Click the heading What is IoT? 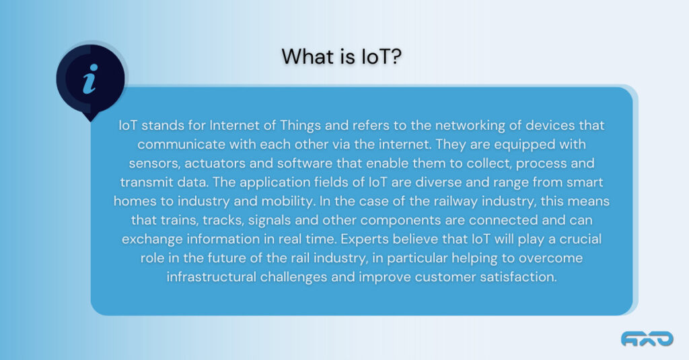341,57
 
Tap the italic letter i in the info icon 90,79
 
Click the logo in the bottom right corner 647,339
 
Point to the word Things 301,126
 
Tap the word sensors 154,164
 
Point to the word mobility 288,201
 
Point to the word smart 585,182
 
